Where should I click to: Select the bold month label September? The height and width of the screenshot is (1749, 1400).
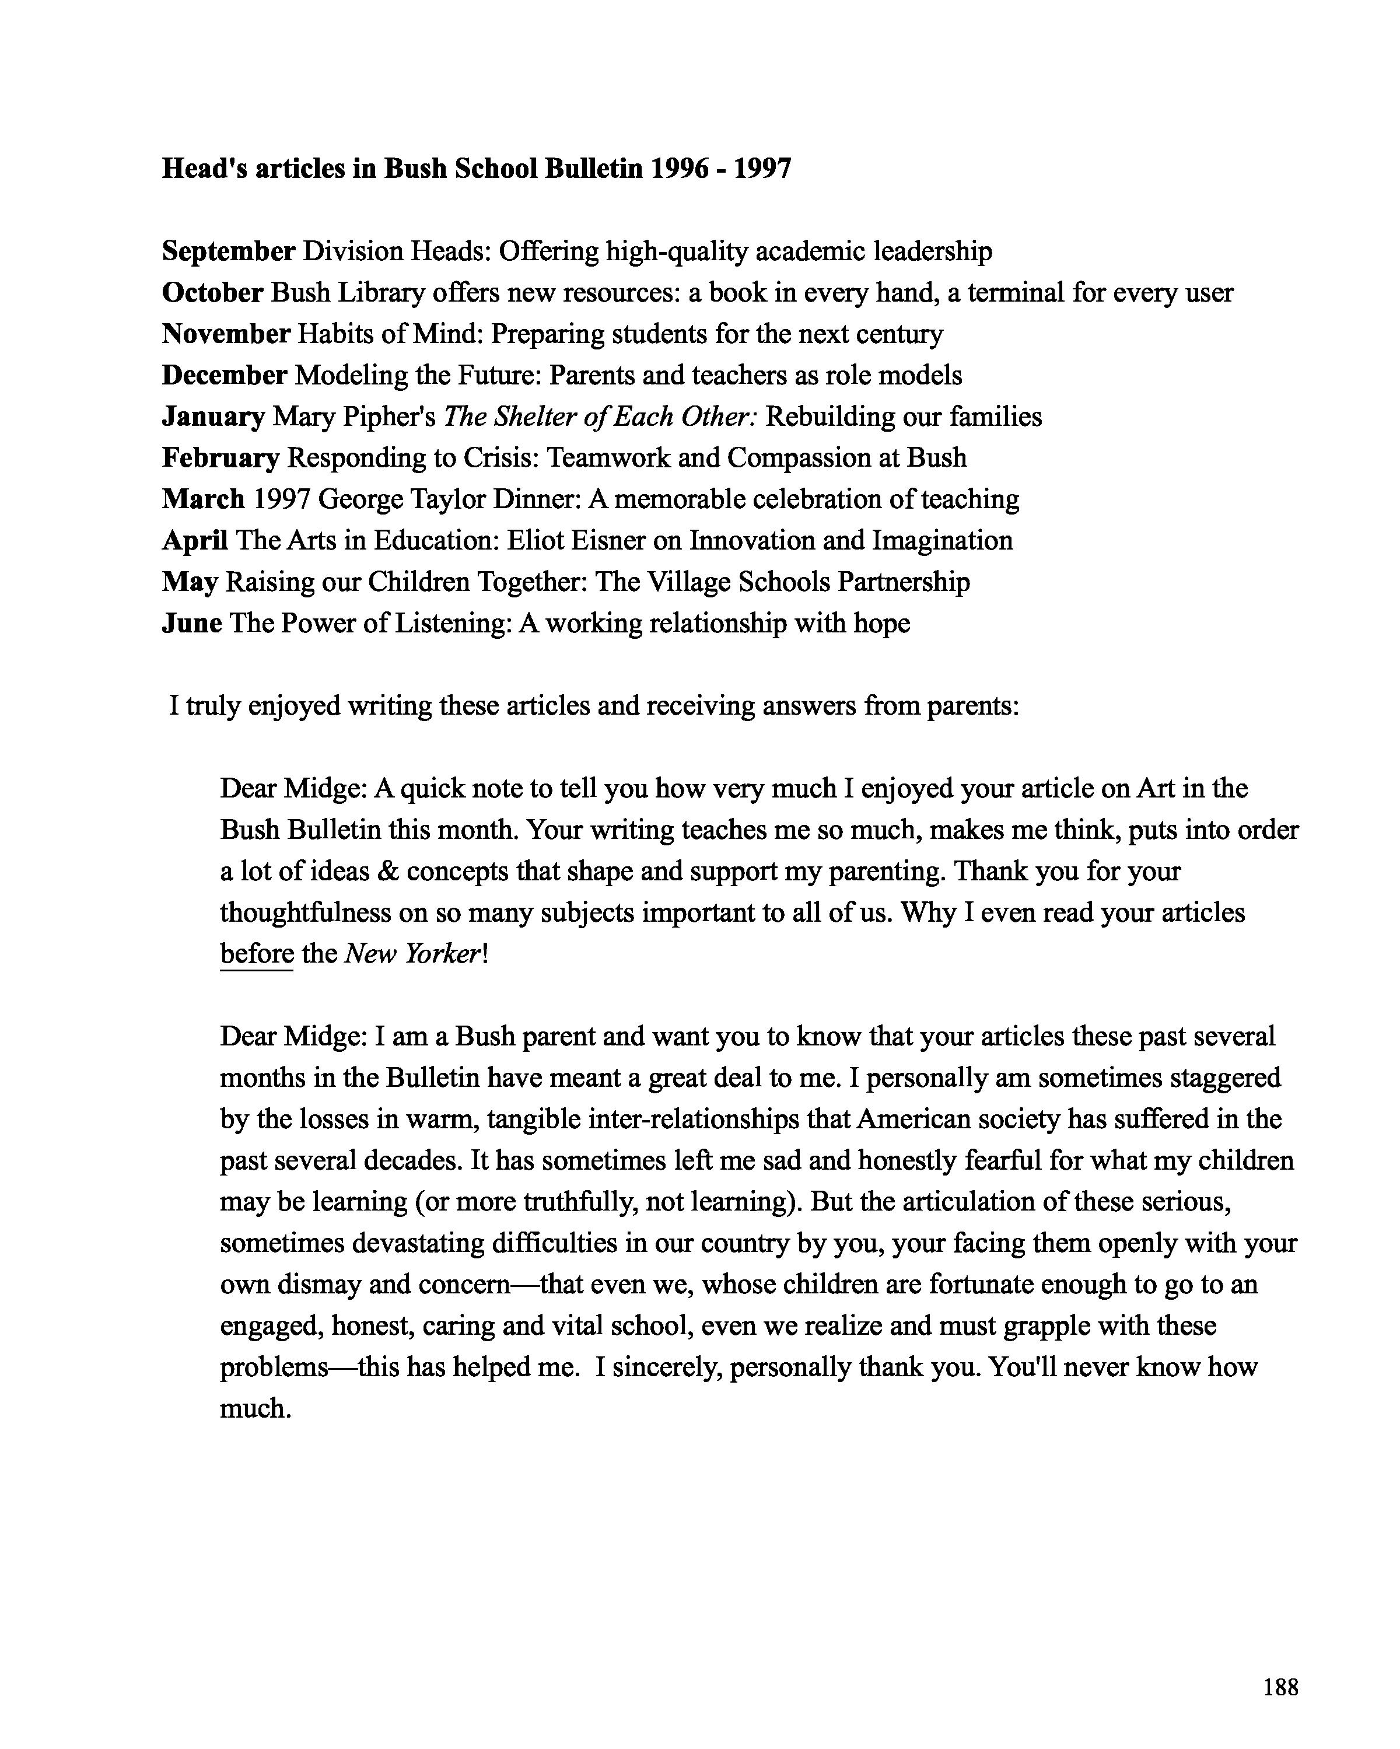228,251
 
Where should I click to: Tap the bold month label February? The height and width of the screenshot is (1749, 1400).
220,459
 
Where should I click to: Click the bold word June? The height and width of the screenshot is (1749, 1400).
191,624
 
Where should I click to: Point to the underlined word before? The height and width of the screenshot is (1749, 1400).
256,954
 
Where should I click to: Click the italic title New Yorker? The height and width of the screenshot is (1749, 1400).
413,954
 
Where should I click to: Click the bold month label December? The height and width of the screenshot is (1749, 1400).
224,376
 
